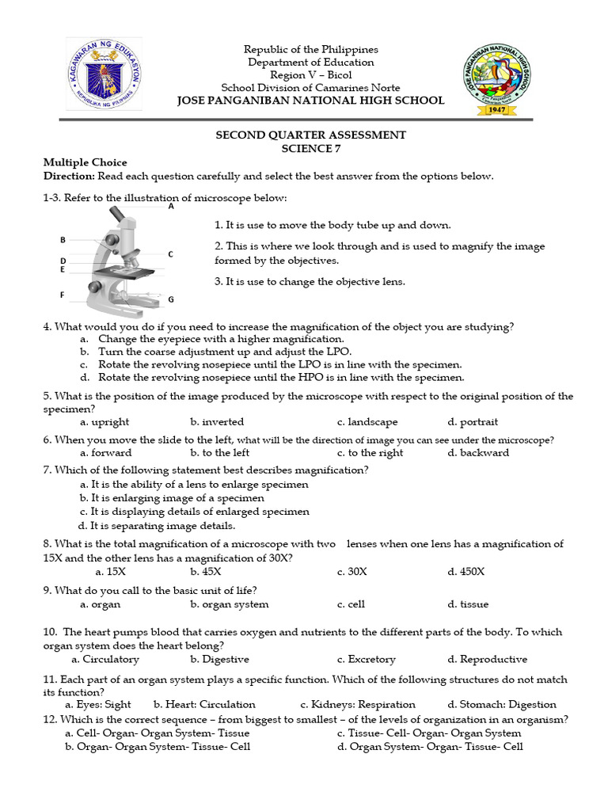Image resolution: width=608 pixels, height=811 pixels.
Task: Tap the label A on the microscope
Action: [171, 206]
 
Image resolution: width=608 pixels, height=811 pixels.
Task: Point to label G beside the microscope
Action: [170, 300]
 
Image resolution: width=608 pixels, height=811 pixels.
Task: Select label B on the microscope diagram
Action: [63, 239]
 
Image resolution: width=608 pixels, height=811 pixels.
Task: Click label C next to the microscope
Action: [170, 254]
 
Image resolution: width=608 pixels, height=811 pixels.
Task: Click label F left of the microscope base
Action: [62, 295]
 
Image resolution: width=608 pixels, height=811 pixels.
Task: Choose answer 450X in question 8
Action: [466, 571]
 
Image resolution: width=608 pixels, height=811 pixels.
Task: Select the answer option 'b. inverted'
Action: [217, 422]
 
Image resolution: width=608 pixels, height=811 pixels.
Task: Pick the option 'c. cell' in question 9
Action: [351, 604]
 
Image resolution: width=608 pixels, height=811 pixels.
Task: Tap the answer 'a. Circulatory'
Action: [104, 659]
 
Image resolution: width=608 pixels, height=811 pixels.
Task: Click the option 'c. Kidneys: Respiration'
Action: [358, 704]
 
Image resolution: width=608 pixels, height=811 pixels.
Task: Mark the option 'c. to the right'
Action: [370, 453]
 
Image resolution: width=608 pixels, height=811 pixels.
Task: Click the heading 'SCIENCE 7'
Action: [310, 148]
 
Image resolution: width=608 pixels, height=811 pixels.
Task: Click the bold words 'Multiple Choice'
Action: [85, 162]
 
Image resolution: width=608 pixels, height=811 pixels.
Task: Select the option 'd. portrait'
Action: [473, 422]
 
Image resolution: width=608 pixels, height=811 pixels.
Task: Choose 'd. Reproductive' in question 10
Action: [487, 659]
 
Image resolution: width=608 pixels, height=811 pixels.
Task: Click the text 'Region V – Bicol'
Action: [310, 75]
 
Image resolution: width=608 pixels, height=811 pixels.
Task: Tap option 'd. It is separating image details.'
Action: [157, 525]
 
